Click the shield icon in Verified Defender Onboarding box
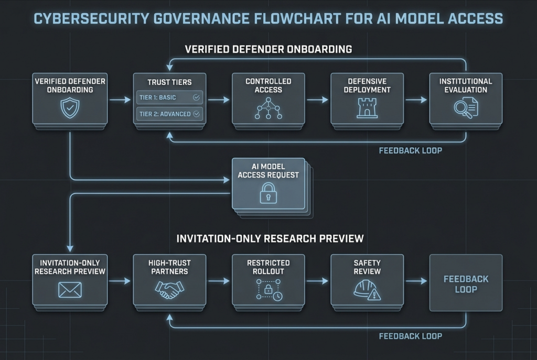(x=70, y=108)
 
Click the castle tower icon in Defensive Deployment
(x=367, y=108)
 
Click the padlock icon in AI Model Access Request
(x=268, y=194)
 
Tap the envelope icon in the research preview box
(x=70, y=289)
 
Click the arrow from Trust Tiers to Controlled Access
(x=219, y=100)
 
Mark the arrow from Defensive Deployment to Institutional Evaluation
(x=416, y=100)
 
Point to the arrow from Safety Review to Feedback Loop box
(x=416, y=281)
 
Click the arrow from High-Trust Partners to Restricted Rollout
(x=219, y=281)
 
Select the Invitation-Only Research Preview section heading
(x=270, y=238)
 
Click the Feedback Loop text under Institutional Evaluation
(x=410, y=150)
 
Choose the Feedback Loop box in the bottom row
(x=466, y=283)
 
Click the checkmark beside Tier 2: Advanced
(x=197, y=113)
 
